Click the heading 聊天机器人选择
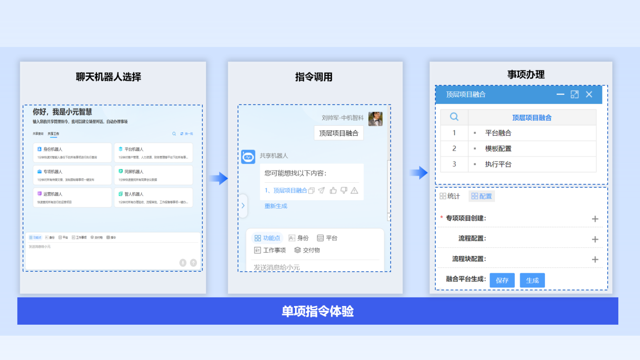click(x=109, y=77)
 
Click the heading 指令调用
click(x=314, y=77)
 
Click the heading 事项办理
click(x=526, y=74)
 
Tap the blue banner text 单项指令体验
click(x=318, y=311)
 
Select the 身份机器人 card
click(x=72, y=152)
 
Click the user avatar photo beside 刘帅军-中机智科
click(x=375, y=119)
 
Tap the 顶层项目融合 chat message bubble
click(x=339, y=133)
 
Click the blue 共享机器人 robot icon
click(x=248, y=157)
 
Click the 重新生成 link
click(x=276, y=206)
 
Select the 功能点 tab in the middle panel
click(x=267, y=238)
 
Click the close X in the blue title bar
click(x=589, y=94)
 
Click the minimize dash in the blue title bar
click(x=560, y=94)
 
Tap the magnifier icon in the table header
click(x=454, y=117)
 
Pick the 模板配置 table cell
click(x=498, y=148)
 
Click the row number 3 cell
click(x=454, y=164)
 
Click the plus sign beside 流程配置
click(x=595, y=239)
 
